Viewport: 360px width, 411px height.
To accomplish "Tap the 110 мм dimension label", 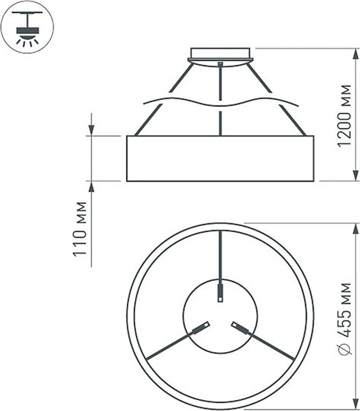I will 82,232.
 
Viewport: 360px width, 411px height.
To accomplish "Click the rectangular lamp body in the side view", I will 220,158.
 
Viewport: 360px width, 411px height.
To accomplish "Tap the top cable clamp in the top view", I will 220,292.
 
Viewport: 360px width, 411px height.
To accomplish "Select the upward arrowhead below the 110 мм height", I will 92,188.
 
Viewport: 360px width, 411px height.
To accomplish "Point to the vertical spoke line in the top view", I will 220,253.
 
